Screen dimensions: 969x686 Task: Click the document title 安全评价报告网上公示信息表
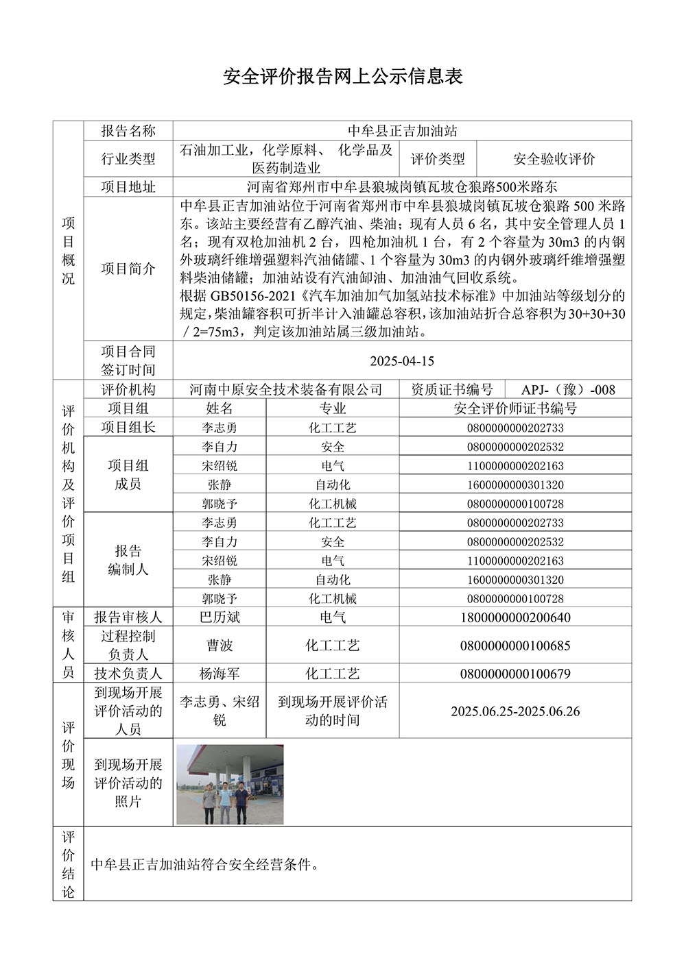343,76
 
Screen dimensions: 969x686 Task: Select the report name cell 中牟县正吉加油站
402,131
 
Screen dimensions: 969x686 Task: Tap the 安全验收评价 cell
554,159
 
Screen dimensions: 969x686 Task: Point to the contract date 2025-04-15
402,361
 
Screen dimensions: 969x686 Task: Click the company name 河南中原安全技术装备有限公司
286,390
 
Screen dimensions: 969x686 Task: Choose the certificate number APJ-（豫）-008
568,390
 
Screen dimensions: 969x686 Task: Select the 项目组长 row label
128,428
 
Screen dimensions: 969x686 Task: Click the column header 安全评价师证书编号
515,408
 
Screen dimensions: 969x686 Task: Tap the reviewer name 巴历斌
220,617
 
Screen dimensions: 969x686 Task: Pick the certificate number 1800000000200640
515,617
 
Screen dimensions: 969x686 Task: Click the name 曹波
220,646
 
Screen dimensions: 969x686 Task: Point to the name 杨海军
220,674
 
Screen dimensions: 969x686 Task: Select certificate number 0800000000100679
515,674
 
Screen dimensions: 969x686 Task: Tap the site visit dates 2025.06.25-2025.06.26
515,711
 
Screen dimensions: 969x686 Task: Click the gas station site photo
230,785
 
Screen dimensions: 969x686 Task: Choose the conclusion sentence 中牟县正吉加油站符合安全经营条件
205,864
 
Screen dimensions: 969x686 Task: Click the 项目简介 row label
128,269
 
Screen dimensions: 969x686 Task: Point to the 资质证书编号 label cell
451,390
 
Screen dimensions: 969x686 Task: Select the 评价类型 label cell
438,159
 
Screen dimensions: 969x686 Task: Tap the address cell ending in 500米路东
402,186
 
